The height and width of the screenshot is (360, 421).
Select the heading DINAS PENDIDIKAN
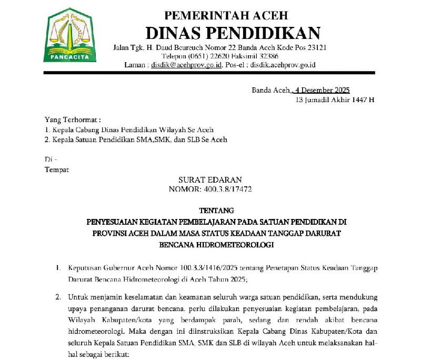pyautogui.click(x=233, y=33)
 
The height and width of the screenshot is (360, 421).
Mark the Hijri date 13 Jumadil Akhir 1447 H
pyautogui.click(x=335, y=99)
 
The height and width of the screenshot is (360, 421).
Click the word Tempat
pyautogui.click(x=57, y=169)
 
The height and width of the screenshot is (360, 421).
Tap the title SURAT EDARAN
pyautogui.click(x=210, y=180)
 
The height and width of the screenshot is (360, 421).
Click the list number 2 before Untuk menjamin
pyautogui.click(x=58, y=297)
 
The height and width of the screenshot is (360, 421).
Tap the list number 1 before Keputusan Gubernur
pyautogui.click(x=58, y=269)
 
